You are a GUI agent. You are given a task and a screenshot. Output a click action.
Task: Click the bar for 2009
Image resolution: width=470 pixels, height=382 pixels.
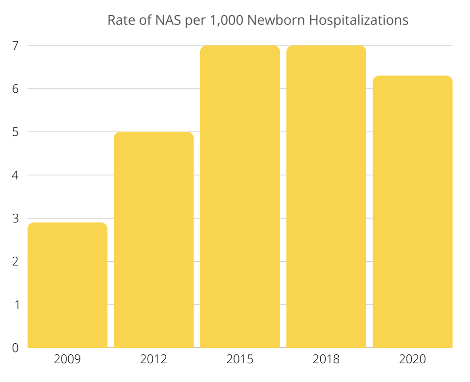pyautogui.click(x=67, y=285)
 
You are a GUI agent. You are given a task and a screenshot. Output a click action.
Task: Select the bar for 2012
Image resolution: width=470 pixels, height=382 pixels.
pyautogui.click(x=154, y=240)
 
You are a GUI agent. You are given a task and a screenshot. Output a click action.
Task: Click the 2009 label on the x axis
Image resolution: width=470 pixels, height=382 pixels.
pyautogui.click(x=67, y=360)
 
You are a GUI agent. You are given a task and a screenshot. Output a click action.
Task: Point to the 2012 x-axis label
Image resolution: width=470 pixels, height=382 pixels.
pyautogui.click(x=154, y=360)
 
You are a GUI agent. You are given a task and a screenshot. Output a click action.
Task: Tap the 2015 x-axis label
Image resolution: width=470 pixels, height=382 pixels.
pyautogui.click(x=240, y=360)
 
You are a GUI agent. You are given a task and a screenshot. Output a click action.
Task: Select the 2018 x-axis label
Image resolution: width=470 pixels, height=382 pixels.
pyautogui.click(x=326, y=360)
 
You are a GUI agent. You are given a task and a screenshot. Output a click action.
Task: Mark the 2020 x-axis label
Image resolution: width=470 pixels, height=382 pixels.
pyautogui.click(x=412, y=360)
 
